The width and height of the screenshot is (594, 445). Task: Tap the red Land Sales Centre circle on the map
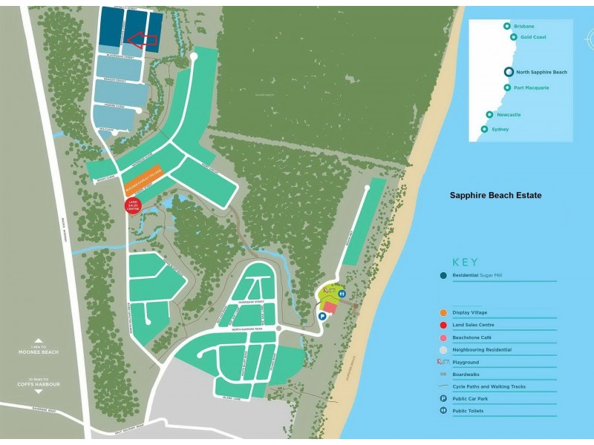[x=134, y=206]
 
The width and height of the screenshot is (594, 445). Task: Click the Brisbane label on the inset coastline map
[x=523, y=26]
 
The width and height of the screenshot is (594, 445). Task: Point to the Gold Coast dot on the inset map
[x=513, y=37]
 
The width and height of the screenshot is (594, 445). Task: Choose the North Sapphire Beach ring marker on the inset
[x=509, y=72]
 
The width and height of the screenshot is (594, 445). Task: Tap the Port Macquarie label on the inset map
[x=532, y=88]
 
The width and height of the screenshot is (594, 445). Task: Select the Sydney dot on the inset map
[x=484, y=129]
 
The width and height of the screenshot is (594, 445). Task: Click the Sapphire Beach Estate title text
[x=495, y=196]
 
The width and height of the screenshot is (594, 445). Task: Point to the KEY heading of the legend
[x=466, y=262]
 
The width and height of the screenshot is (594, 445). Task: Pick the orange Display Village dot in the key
[x=443, y=312]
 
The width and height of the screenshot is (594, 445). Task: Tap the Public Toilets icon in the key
[x=443, y=411]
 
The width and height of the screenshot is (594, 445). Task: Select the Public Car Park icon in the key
[x=443, y=398]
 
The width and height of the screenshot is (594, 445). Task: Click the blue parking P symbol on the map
[x=322, y=316]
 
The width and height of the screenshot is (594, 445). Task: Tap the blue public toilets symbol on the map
[x=341, y=294]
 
